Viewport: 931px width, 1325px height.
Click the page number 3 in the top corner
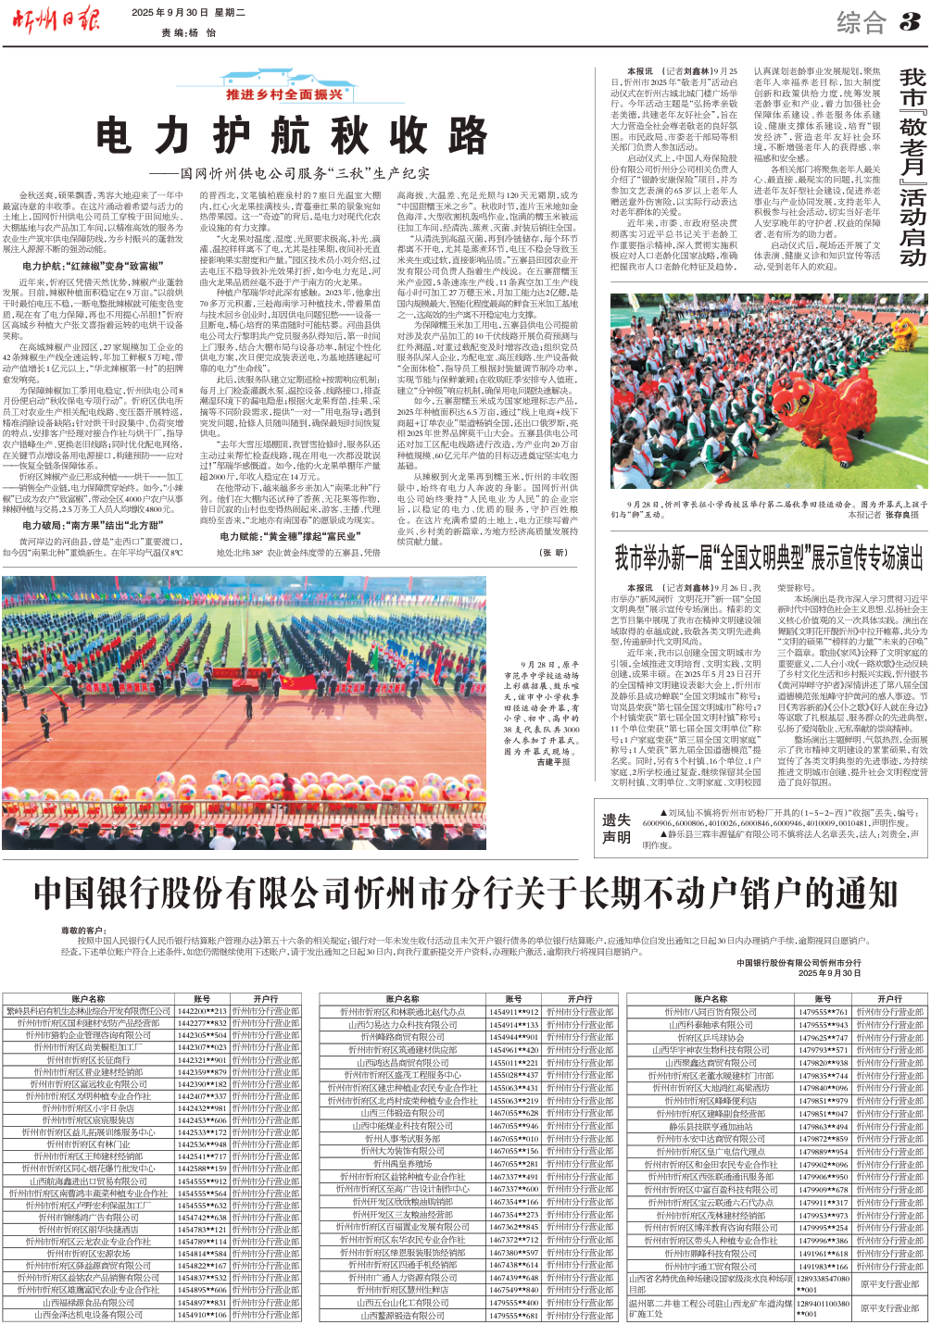(910, 19)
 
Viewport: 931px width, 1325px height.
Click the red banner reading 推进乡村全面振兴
(285, 94)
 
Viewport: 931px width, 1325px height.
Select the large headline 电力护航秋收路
(292, 137)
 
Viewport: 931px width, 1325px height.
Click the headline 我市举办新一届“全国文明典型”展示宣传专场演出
(769, 557)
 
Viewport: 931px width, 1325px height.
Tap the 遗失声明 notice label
(616, 828)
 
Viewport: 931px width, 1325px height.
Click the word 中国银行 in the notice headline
(101, 894)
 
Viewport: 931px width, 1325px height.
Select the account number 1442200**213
(202, 1011)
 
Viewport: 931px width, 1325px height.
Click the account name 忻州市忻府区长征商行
(88, 1059)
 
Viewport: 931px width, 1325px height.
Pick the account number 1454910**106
(202, 1314)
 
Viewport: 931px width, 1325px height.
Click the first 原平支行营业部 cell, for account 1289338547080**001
(889, 1283)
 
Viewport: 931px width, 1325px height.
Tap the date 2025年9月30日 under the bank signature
(829, 973)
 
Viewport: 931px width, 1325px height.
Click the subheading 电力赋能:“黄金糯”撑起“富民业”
(290, 536)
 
